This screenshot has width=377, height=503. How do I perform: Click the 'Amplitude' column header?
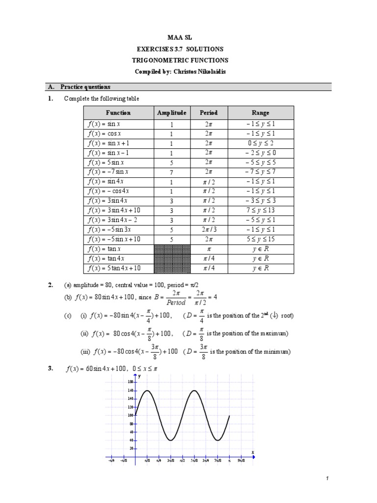[x=172, y=112]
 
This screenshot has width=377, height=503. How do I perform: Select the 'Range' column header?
[x=261, y=112]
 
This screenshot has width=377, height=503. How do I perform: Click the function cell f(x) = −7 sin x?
[x=108, y=171]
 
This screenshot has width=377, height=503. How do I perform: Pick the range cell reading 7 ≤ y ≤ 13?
[x=261, y=210]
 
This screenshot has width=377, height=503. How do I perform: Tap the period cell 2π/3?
[x=209, y=229]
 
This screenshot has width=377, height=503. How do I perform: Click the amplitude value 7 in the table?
[x=172, y=171]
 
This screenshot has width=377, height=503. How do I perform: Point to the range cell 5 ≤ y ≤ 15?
[x=261, y=239]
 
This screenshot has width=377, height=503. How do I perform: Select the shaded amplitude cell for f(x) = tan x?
[x=172, y=249]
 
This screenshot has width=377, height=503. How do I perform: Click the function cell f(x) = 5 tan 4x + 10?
[x=114, y=268]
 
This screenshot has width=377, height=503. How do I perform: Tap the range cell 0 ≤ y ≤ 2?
[x=261, y=143]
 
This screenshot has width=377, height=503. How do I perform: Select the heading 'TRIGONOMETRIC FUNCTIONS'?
[x=188, y=60]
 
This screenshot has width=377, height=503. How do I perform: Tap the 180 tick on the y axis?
[x=131, y=382]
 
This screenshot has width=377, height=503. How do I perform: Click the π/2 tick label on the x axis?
[x=182, y=461]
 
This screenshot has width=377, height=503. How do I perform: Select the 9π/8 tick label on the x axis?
[x=241, y=461]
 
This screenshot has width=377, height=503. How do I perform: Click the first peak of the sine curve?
[x=147, y=391]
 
